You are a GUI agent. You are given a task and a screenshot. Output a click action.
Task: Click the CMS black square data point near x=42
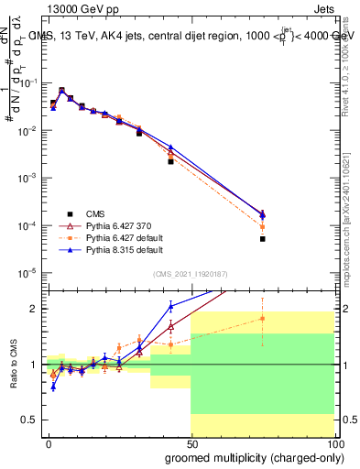(x=170, y=161)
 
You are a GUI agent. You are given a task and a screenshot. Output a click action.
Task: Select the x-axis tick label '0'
(x=49, y=442)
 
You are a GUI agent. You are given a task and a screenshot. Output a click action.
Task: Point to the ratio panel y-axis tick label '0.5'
(x=31, y=420)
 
